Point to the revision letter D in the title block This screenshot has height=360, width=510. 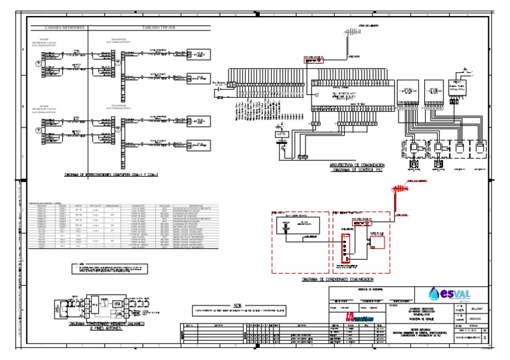[x=490, y=337]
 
